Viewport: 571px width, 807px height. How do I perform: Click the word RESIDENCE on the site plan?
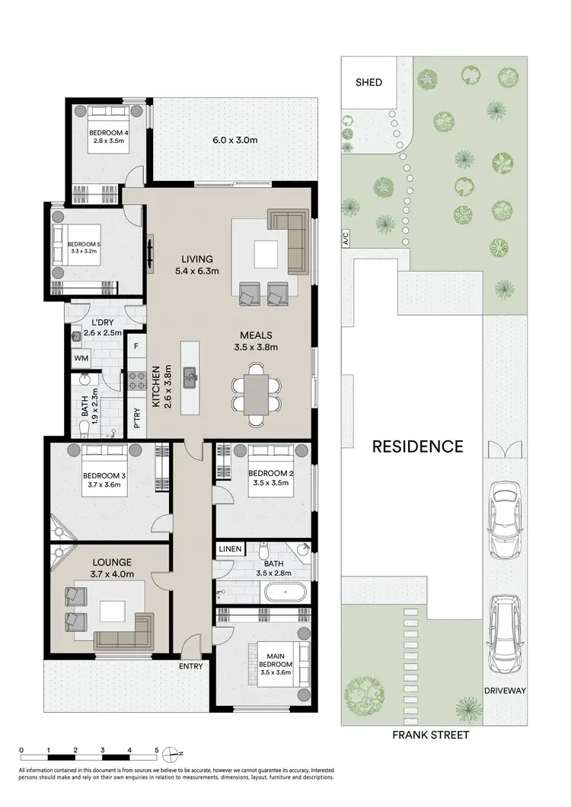pyautogui.click(x=417, y=446)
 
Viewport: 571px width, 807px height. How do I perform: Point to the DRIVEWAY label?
pyautogui.click(x=505, y=692)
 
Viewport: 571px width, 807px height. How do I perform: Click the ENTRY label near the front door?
pyautogui.click(x=191, y=666)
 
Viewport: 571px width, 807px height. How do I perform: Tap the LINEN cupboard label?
pyautogui.click(x=231, y=548)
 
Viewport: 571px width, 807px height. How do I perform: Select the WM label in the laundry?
pyautogui.click(x=81, y=357)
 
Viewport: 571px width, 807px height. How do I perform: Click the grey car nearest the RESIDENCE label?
pyautogui.click(x=505, y=519)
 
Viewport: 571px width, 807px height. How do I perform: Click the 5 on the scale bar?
pyautogui.click(x=156, y=750)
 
